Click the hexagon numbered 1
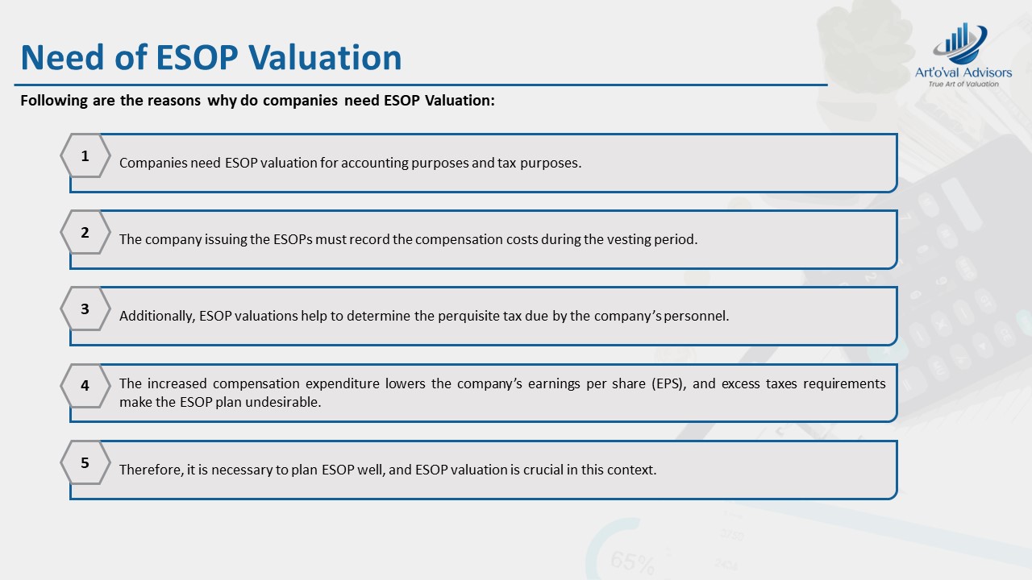(x=85, y=155)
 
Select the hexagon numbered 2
(x=85, y=232)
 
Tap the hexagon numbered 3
(x=85, y=309)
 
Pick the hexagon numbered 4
(x=85, y=386)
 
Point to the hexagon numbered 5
(x=85, y=462)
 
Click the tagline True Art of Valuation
(x=963, y=84)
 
